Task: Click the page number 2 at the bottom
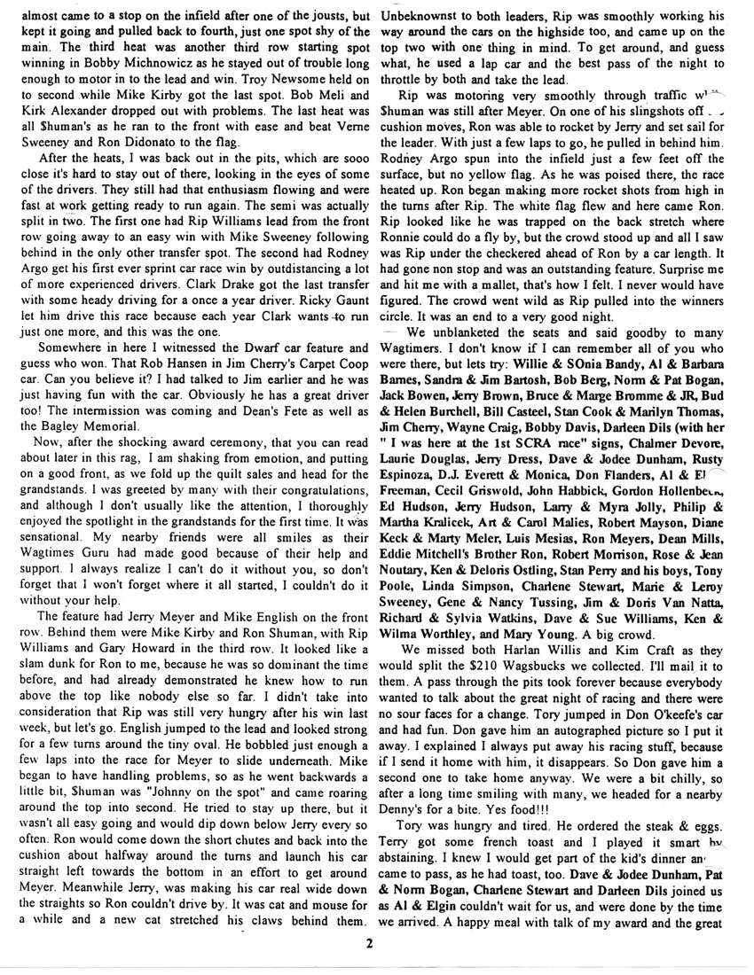pos(376,942)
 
